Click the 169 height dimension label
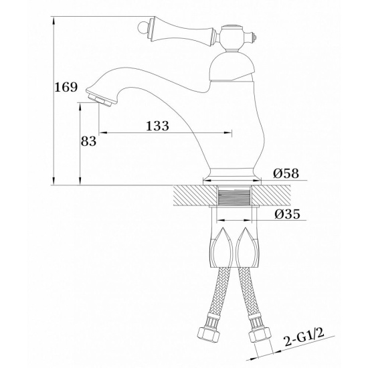pyautogui.click(x=66, y=87)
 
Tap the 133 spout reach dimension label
pyautogui.click(x=157, y=126)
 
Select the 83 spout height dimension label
pyautogui.click(x=88, y=141)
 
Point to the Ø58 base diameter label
pyautogui.click(x=286, y=173)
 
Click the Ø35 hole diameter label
pyautogui.click(x=287, y=214)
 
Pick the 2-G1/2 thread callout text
pyautogui.click(x=304, y=337)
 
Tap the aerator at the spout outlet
pyautogui.click(x=100, y=100)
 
